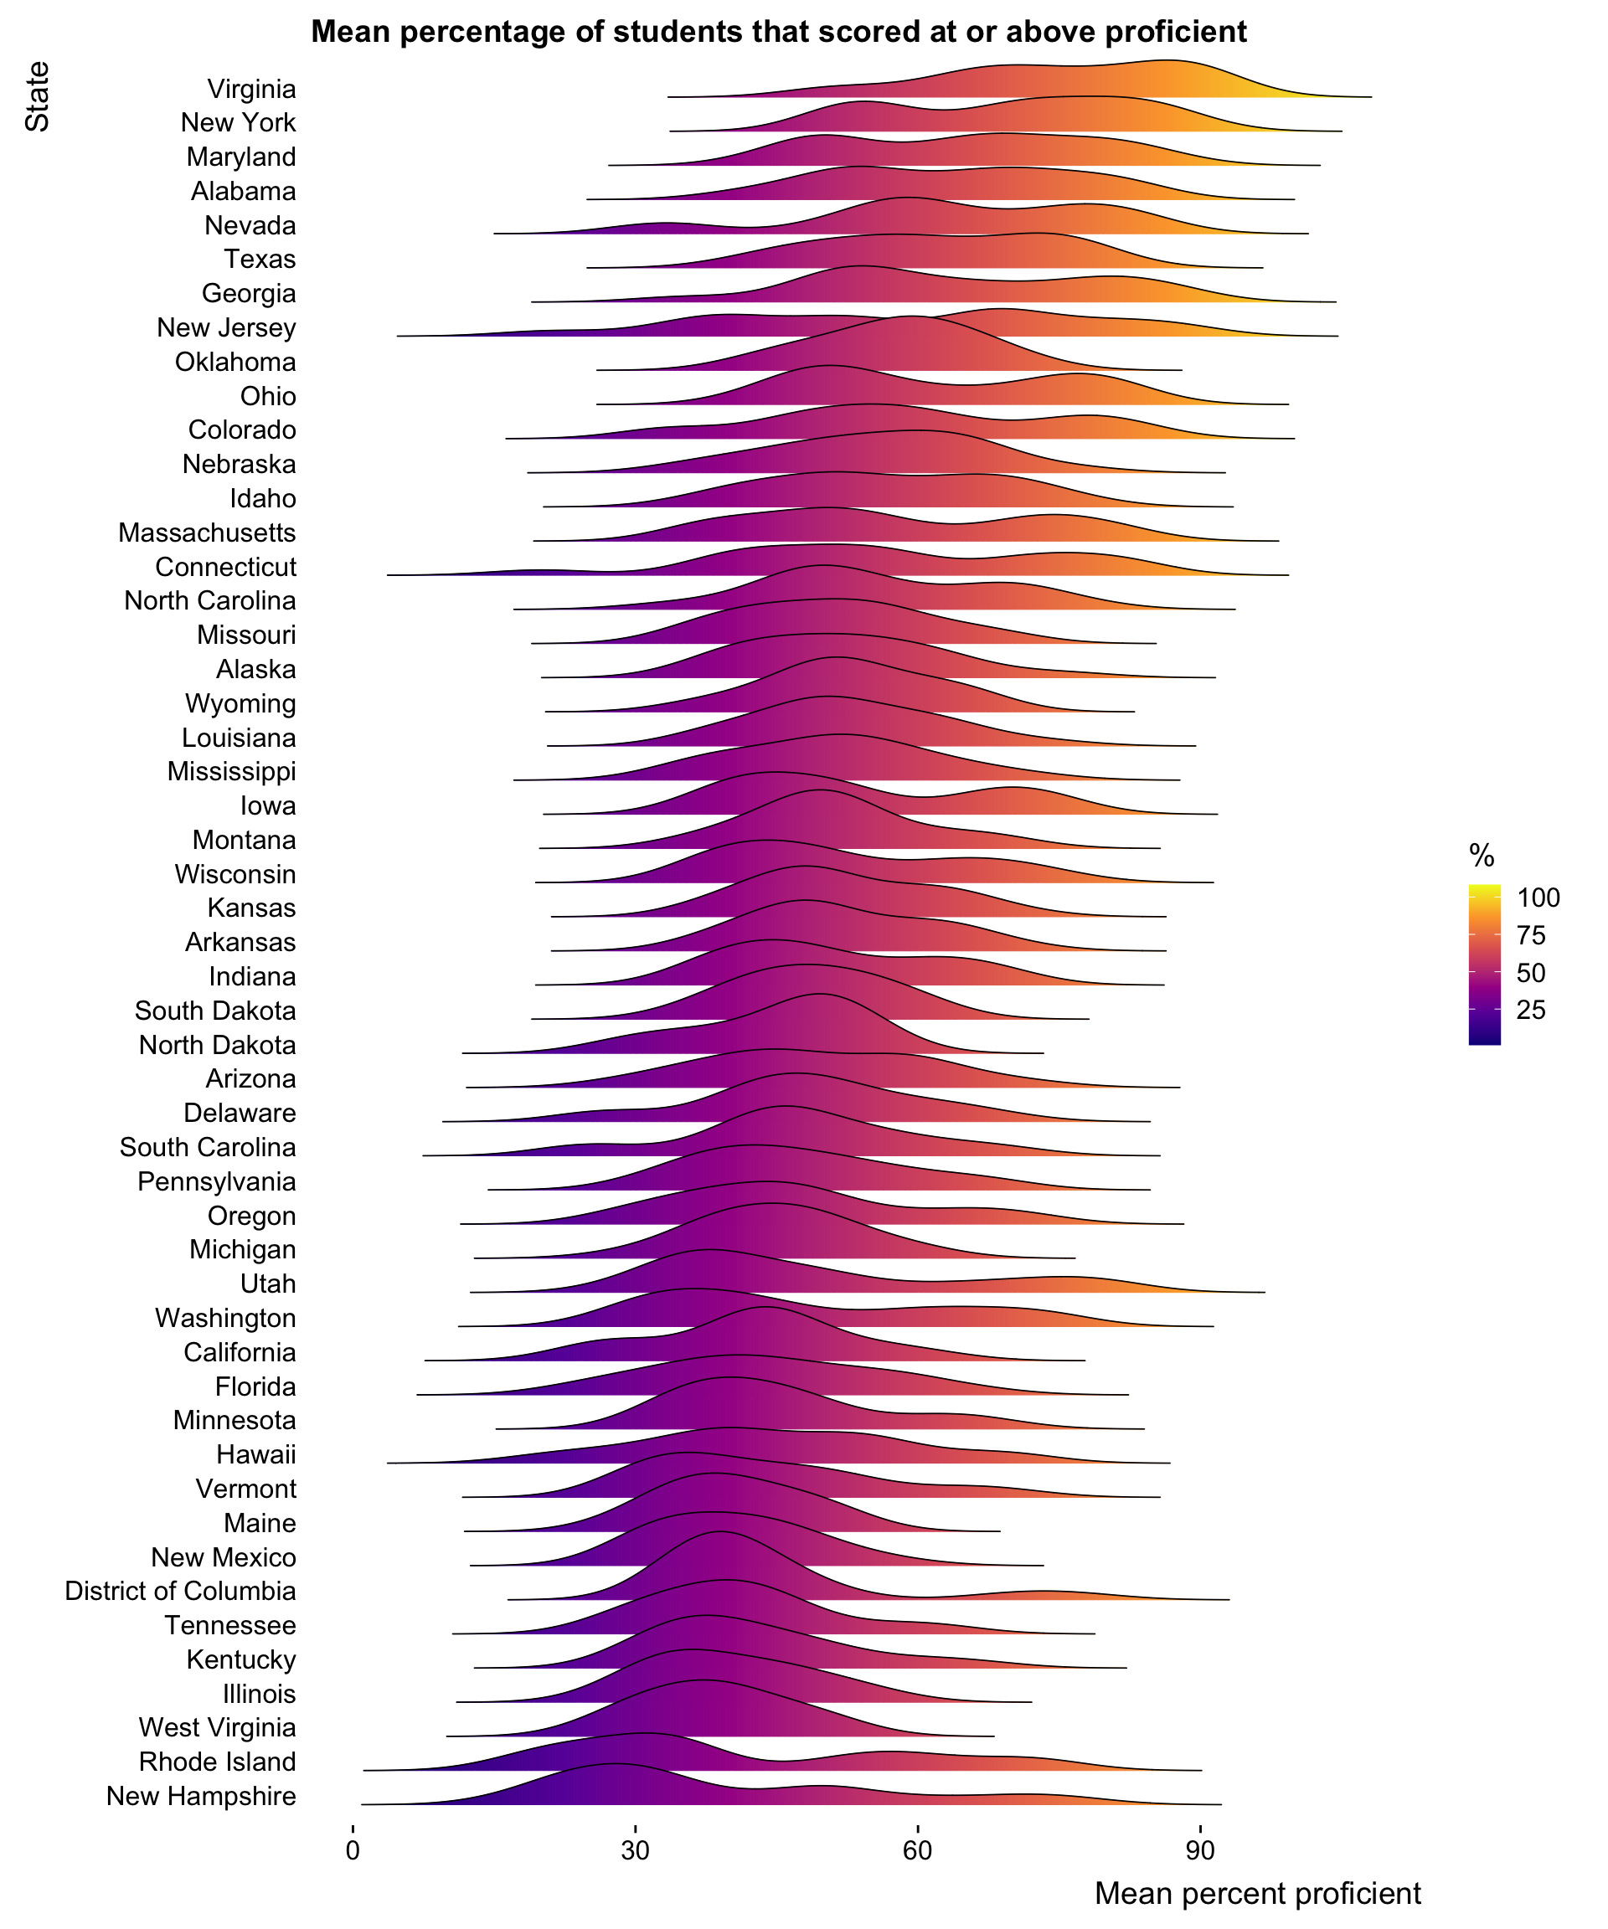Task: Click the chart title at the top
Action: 778,32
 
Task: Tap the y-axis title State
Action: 37,96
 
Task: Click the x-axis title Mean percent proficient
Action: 1257,1892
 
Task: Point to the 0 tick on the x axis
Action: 353,1850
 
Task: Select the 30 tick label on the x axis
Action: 635,1850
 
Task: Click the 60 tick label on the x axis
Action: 917,1850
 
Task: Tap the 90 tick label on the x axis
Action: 1199,1850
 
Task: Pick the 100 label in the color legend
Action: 1538,898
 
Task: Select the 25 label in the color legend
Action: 1531,1011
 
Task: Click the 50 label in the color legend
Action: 1531,973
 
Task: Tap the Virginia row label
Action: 251,89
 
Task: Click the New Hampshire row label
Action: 201,1796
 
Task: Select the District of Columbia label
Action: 180,1591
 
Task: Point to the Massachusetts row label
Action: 207,532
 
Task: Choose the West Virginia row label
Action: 217,1728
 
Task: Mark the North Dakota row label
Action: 217,1046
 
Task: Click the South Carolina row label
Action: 208,1147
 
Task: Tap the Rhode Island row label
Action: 217,1762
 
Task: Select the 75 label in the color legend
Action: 1531,935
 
